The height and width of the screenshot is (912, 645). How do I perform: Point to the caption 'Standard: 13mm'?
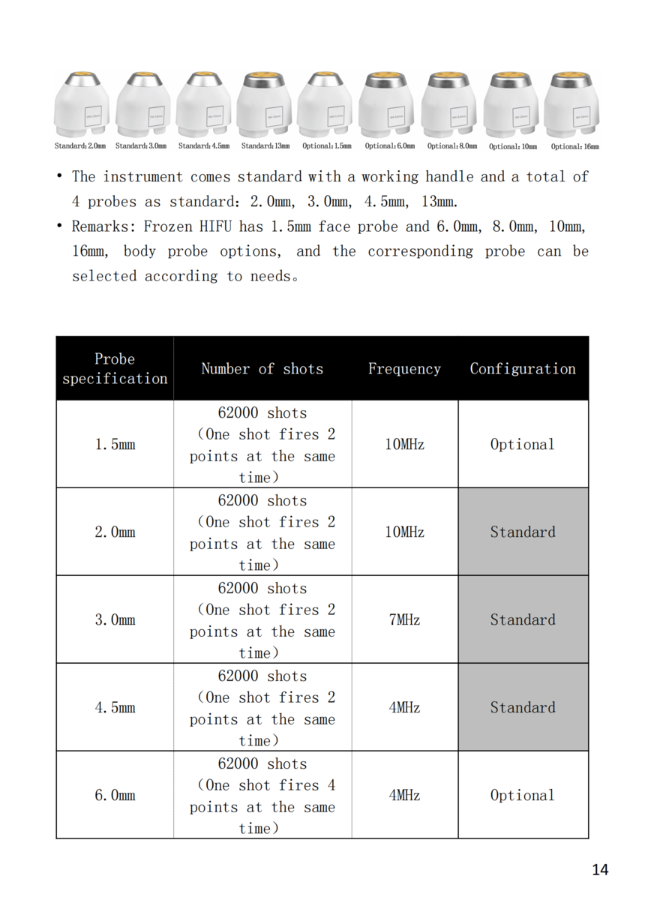pyautogui.click(x=266, y=146)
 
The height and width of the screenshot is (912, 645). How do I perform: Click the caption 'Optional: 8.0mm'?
pyautogui.click(x=452, y=146)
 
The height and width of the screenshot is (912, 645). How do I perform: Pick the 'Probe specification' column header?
pyautogui.click(x=115, y=368)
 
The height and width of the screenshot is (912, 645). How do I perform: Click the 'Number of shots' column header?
pyautogui.click(x=262, y=368)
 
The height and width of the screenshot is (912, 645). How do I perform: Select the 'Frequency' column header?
pyautogui.click(x=404, y=368)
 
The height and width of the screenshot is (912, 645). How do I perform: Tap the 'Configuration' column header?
pyautogui.click(x=523, y=368)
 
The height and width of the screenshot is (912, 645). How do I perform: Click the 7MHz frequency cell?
pyautogui.click(x=404, y=619)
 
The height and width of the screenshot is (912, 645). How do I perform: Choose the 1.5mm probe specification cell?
pyautogui.click(x=115, y=444)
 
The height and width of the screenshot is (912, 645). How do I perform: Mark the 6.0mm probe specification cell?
pyautogui.click(x=115, y=795)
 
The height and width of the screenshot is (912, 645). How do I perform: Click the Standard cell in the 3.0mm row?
pyautogui.click(x=523, y=619)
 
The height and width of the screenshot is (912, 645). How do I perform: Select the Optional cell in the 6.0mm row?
pyautogui.click(x=523, y=795)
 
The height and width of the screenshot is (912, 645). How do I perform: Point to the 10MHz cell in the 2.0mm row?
pyautogui.click(x=404, y=532)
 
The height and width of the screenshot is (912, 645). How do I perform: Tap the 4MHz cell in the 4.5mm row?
pyautogui.click(x=404, y=707)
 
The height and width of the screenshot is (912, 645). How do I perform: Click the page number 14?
pyautogui.click(x=600, y=870)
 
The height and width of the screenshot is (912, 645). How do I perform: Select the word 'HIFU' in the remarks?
pyautogui.click(x=215, y=226)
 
